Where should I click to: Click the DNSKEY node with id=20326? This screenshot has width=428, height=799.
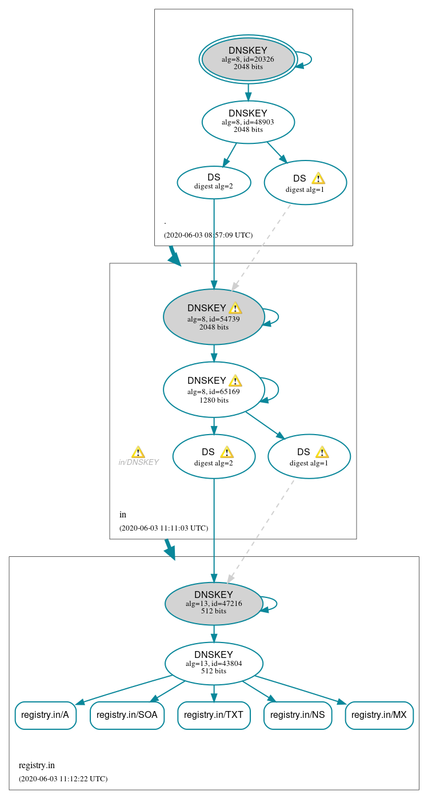pyautogui.click(x=248, y=59)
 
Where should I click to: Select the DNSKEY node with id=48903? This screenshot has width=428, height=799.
pyautogui.click(x=248, y=122)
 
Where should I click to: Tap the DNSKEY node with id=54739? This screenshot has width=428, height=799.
pyautogui.click(x=214, y=317)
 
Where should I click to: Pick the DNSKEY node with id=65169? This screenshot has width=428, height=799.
pyautogui.click(x=214, y=390)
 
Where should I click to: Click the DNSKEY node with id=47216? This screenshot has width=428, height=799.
pyautogui.click(x=214, y=604)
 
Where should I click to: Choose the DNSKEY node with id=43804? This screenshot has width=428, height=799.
pyautogui.click(x=214, y=663)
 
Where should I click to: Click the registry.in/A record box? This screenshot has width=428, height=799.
pyautogui.click(x=46, y=715)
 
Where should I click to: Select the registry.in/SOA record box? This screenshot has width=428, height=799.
pyautogui.click(x=127, y=715)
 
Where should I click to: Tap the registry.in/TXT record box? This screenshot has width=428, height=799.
pyautogui.click(x=214, y=715)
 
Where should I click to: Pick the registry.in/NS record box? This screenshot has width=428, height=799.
pyautogui.click(x=298, y=715)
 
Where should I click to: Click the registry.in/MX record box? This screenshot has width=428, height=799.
pyautogui.click(x=379, y=715)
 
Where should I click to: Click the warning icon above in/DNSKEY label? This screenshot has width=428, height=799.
pyautogui.click(x=138, y=452)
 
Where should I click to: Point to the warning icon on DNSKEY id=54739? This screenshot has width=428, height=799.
pyautogui.click(x=235, y=308)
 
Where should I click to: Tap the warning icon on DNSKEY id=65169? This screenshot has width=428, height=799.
pyautogui.click(x=235, y=381)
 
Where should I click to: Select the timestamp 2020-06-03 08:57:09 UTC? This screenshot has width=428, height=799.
pyautogui.click(x=208, y=235)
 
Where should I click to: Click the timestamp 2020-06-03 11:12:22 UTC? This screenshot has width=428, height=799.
pyautogui.click(x=63, y=778)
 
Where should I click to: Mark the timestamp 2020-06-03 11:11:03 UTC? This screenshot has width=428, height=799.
pyautogui.click(x=163, y=528)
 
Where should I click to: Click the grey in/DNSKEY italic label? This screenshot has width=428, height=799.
pyautogui.click(x=138, y=463)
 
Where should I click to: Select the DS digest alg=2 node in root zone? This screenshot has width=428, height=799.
pyautogui.click(x=214, y=182)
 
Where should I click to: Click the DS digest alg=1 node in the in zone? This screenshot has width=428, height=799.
pyautogui.click(x=309, y=456)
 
